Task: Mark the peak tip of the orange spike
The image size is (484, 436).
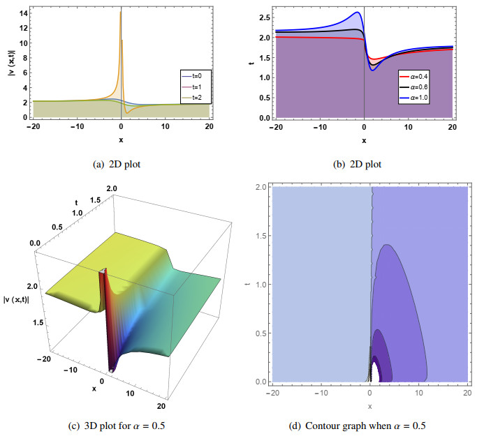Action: [x=121, y=12]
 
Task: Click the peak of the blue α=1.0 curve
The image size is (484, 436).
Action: [x=358, y=13]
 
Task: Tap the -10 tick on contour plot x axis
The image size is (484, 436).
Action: [x=320, y=392]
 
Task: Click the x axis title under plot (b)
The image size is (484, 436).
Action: [x=365, y=140]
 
